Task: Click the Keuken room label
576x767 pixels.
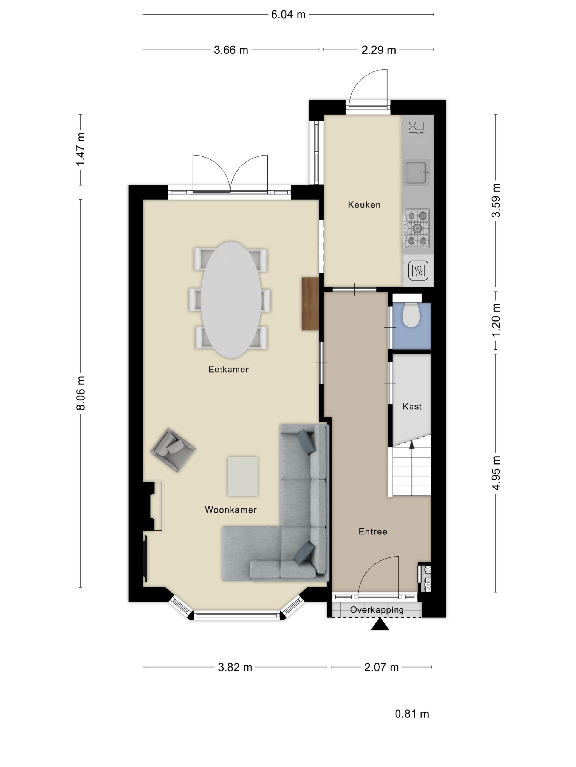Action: tap(364, 205)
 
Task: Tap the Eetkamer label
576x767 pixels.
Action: tap(228, 369)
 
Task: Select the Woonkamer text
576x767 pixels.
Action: tap(231, 510)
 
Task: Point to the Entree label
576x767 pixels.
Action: tap(373, 532)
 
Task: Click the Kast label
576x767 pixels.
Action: tap(412, 407)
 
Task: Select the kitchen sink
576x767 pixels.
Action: tap(417, 172)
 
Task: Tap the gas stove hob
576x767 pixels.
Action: tap(417, 228)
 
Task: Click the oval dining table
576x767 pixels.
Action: tap(231, 300)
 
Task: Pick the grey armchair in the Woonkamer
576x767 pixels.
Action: tap(173, 450)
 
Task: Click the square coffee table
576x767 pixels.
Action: tap(243, 476)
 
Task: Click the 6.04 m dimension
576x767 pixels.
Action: tap(288, 15)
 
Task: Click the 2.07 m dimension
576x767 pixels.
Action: tap(381, 667)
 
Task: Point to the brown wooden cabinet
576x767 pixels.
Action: tap(310, 304)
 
